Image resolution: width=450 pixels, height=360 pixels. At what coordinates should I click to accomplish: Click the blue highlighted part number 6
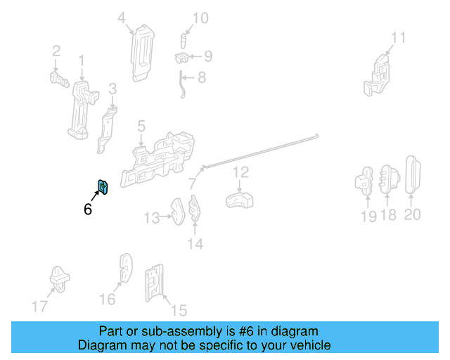103,186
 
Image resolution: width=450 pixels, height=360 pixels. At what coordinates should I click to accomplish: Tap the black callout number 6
88,209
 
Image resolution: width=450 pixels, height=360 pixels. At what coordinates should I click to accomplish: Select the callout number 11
399,37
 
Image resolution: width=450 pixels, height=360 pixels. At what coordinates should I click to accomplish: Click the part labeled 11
377,75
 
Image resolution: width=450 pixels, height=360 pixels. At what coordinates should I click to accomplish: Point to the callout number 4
122,18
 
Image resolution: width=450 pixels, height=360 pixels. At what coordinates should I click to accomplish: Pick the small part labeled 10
184,41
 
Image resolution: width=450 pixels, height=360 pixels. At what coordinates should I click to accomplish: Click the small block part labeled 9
181,58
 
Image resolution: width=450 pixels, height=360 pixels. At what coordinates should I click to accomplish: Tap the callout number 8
202,77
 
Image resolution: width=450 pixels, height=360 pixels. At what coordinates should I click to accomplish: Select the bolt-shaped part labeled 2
59,79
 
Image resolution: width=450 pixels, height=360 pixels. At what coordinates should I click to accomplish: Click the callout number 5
141,126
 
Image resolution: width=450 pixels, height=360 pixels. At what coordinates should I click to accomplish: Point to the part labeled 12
239,200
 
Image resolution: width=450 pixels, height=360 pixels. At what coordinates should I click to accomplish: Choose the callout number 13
152,218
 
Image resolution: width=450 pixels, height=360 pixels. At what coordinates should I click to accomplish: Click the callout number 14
195,244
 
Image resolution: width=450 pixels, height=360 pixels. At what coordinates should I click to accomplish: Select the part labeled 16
126,268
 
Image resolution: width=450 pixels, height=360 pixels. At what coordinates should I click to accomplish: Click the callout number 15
179,310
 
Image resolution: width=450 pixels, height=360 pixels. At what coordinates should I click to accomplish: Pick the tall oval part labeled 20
413,175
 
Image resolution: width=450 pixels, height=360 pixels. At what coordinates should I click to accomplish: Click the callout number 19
368,216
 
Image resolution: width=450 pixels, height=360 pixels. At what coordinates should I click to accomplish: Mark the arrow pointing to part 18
387,200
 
